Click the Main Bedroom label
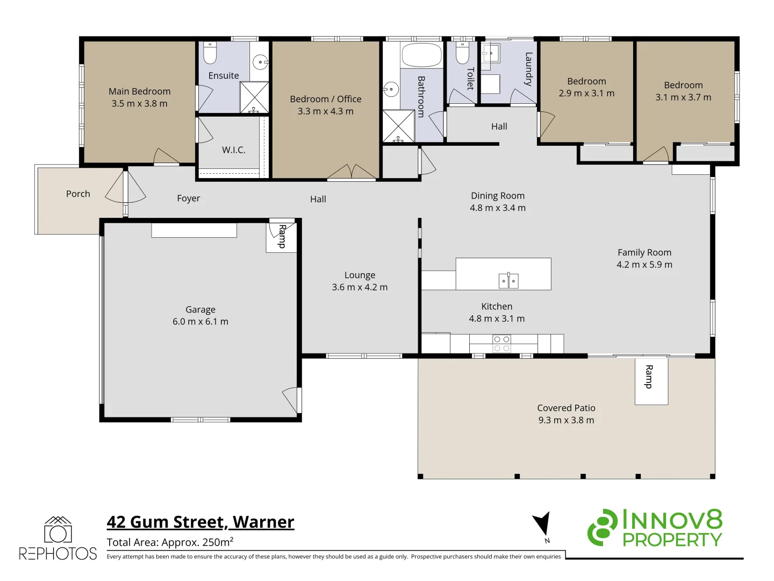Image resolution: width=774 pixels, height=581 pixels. [x=139, y=91]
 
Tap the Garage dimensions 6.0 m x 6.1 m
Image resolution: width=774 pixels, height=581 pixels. [x=200, y=322]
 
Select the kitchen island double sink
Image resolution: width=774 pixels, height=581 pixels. [x=508, y=281]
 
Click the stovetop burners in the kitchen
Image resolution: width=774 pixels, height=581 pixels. [x=501, y=344]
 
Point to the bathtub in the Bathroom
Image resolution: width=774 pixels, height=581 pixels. [x=421, y=55]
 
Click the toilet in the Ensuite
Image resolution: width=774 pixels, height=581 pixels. [x=210, y=53]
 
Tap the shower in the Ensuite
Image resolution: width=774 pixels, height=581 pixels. [x=254, y=97]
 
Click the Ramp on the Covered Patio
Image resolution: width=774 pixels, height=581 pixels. [x=651, y=381]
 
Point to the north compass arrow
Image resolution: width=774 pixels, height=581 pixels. [x=542, y=525]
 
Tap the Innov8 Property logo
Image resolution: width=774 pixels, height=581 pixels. [x=655, y=528]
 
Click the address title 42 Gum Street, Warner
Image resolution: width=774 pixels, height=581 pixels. [x=200, y=522]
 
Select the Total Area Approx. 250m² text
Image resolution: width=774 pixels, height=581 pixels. [x=170, y=542]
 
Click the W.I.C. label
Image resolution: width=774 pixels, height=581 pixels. [x=233, y=150]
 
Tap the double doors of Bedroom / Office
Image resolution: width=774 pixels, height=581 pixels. [x=352, y=172]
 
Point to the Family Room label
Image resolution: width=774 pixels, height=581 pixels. [x=644, y=252]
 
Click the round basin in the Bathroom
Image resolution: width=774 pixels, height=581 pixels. [x=391, y=89]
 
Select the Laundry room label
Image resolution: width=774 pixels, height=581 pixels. [x=528, y=69]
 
